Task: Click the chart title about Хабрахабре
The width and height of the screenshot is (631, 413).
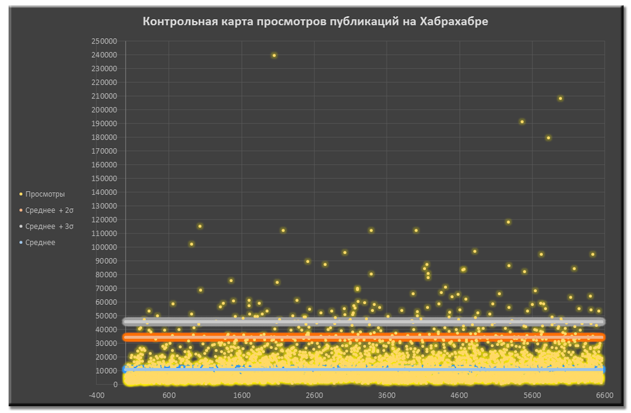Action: pyautogui.click(x=315, y=22)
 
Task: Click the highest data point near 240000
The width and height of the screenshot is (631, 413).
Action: pyautogui.click(x=274, y=55)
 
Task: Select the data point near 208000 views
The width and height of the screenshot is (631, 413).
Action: pyautogui.click(x=560, y=98)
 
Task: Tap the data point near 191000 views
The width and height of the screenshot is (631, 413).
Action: pyautogui.click(x=522, y=122)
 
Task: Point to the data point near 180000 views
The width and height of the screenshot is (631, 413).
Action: pyautogui.click(x=549, y=138)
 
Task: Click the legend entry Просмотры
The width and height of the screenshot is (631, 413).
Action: pyautogui.click(x=45, y=194)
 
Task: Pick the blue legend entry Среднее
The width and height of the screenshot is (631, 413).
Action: pyautogui.click(x=40, y=242)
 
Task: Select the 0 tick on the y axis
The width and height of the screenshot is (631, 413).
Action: pyautogui.click(x=115, y=385)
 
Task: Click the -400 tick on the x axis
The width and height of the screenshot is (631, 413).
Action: pyautogui.click(x=97, y=396)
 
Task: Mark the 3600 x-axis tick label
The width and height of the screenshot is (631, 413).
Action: pyautogui.click(x=387, y=396)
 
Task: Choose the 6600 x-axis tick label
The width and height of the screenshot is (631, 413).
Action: pyautogui.click(x=604, y=396)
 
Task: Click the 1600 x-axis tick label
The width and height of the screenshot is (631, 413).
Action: pyautogui.click(x=242, y=396)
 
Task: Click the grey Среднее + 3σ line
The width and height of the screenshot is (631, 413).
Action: pyautogui.click(x=363, y=321)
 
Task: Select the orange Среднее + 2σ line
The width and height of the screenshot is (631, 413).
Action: pyautogui.click(x=363, y=337)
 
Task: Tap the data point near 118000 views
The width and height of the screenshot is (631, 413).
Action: pyautogui.click(x=508, y=222)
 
